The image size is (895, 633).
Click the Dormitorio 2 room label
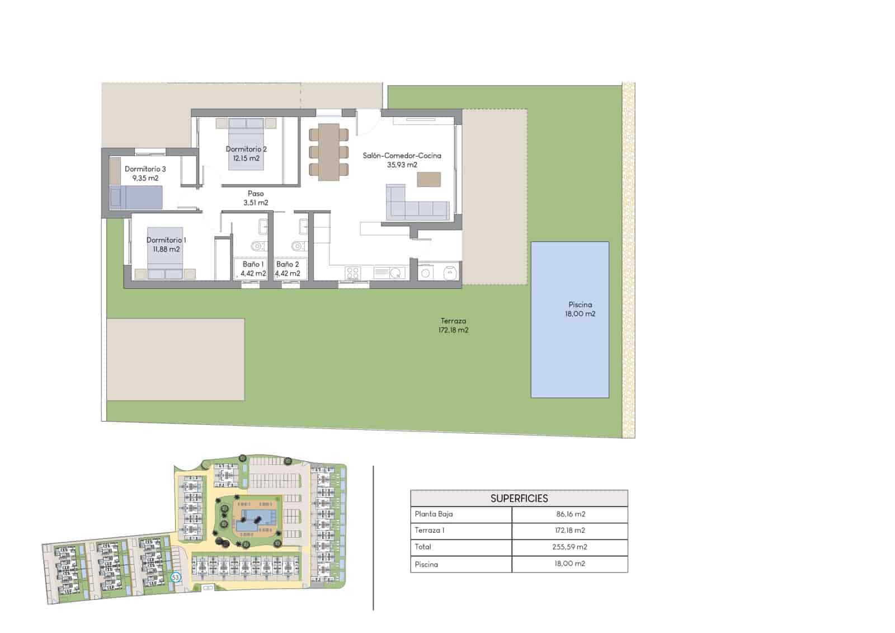tap(246, 149)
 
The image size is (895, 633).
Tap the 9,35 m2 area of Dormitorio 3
tap(145, 178)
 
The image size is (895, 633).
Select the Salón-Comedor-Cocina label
tap(402, 156)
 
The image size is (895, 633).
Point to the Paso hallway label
tap(256, 194)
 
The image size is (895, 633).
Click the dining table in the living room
tap(329, 152)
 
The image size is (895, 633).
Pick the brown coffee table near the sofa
tap(429, 179)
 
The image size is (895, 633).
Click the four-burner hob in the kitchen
tap(352, 273)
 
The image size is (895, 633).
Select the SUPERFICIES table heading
tap(519, 498)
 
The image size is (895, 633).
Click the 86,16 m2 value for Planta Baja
tap(569, 514)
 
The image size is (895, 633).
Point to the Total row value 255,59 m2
tap(569, 547)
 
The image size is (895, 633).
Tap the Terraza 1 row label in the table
tap(430, 530)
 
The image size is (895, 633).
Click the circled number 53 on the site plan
tap(176, 577)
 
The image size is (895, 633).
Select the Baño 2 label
tap(288, 264)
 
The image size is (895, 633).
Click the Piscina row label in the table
tap(426, 564)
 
